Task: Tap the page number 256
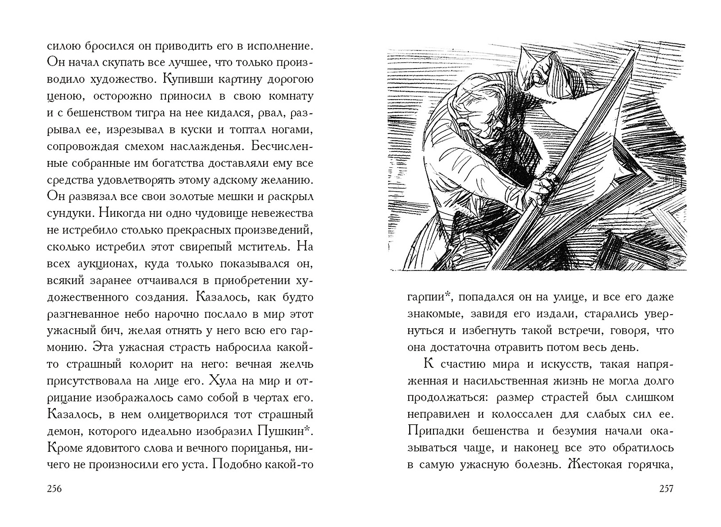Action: (54, 489)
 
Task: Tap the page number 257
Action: (665, 489)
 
